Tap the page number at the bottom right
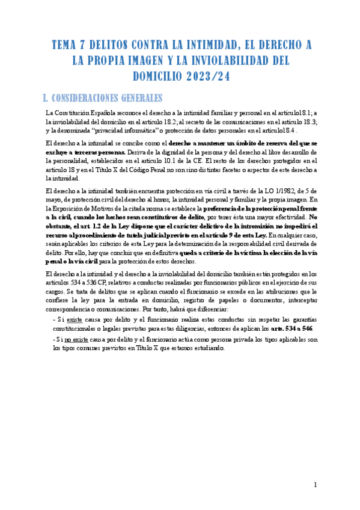316,485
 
